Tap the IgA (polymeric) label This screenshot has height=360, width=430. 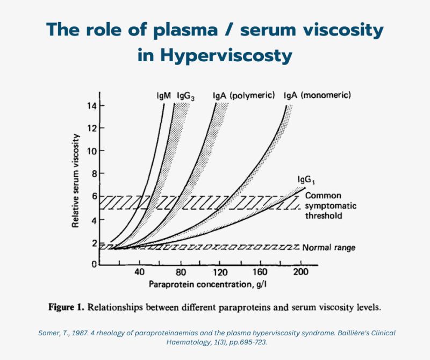pos(244,96)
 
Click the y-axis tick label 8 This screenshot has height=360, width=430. pos(95,174)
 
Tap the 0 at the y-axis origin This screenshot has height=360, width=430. pos(95,265)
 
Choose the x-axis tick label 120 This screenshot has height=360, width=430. pos(220,272)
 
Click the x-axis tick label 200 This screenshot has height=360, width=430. pos(301,272)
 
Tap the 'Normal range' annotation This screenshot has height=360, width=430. pos(329,248)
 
